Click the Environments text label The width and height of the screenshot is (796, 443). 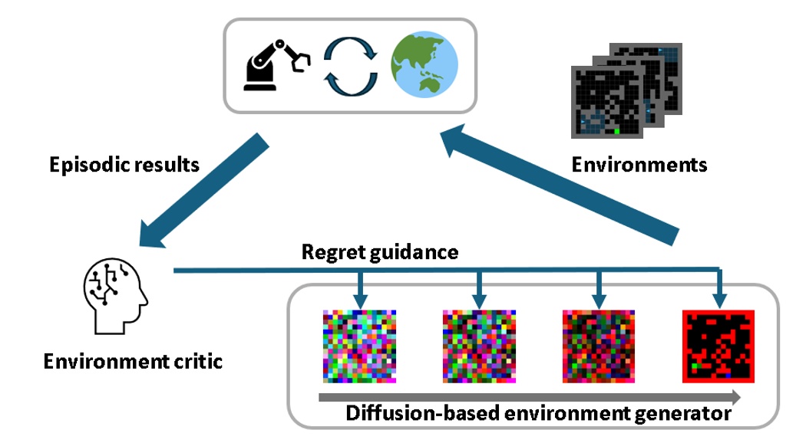pyautogui.click(x=640, y=165)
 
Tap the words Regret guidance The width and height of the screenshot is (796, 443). pyautogui.click(x=380, y=251)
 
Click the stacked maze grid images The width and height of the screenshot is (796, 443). pyautogui.click(x=626, y=90)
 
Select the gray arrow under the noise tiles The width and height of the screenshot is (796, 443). pyautogui.click(x=530, y=397)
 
